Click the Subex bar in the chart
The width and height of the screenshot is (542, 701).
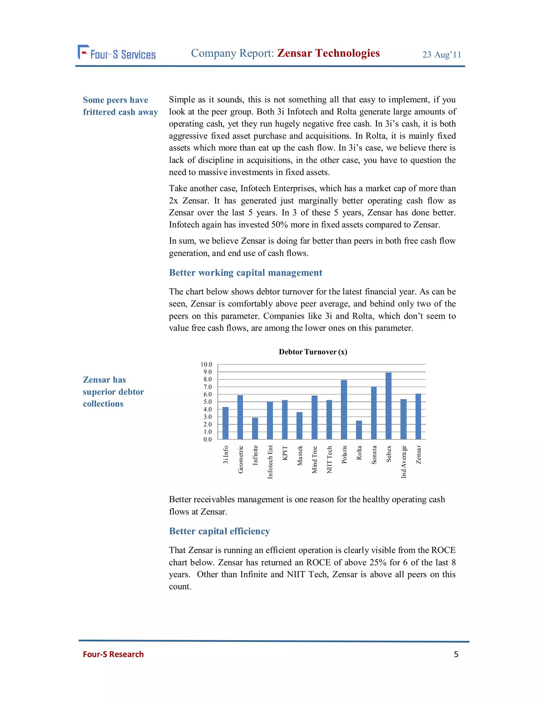tap(388, 406)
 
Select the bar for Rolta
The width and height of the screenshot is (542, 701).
tap(359, 430)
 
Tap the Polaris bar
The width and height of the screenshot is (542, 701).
tap(344, 409)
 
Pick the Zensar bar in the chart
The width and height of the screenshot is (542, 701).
tap(418, 416)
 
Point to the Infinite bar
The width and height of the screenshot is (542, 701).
tap(255, 428)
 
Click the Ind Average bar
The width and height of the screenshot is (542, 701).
tap(403, 419)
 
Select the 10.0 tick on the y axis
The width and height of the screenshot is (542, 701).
tap(206, 364)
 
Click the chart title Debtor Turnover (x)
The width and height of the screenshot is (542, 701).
tap(313, 352)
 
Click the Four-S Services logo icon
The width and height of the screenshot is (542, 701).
tap(83, 52)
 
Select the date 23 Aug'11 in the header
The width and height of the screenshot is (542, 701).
tap(441, 54)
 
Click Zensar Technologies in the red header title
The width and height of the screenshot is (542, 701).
tap(328, 53)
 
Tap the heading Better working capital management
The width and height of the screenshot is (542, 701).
tap(245, 272)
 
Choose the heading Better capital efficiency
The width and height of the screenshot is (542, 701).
tap(219, 531)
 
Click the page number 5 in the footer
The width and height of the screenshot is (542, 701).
tap(456, 654)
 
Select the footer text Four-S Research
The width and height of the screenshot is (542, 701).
tap(113, 654)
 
